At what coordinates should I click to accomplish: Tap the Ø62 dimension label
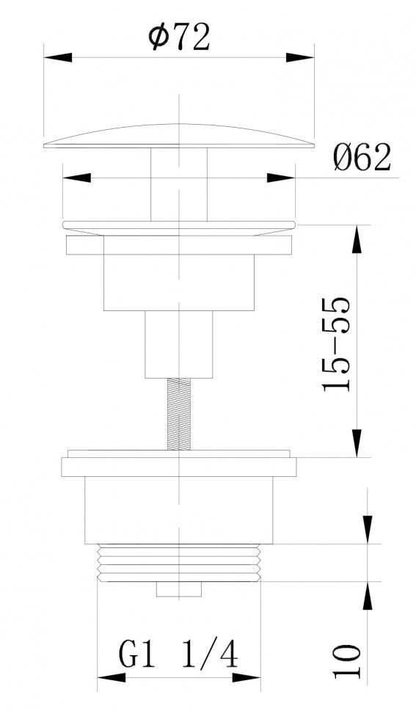362,158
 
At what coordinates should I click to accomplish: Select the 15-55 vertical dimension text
336,344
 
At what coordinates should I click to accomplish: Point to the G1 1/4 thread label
178,655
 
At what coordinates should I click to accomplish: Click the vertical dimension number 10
348,661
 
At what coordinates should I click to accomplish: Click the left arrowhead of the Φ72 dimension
58,57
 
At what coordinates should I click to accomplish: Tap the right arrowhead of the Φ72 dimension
300,57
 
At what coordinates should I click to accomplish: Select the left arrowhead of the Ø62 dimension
76,178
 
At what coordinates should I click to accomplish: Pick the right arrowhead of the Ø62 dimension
281,178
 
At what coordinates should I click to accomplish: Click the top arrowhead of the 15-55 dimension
357,239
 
